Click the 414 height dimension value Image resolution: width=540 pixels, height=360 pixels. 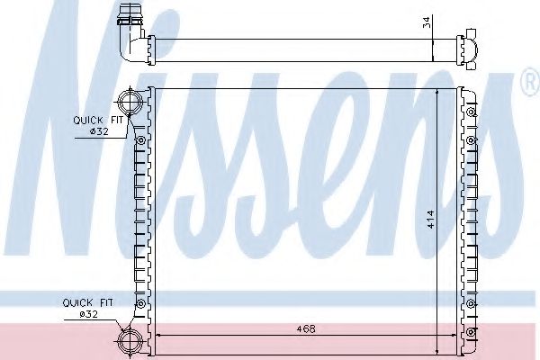(x=431, y=219)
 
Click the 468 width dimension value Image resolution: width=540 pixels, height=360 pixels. (x=306, y=329)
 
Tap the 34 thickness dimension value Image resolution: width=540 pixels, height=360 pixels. (x=427, y=22)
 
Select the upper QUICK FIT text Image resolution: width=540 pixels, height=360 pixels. (x=98, y=121)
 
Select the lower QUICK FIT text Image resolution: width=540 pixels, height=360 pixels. (x=87, y=302)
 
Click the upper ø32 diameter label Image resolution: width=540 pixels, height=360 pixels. (x=99, y=131)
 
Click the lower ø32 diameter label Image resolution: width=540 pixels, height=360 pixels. (x=89, y=314)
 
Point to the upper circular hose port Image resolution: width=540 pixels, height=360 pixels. (x=130, y=101)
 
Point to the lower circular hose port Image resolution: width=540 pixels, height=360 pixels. (x=130, y=341)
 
